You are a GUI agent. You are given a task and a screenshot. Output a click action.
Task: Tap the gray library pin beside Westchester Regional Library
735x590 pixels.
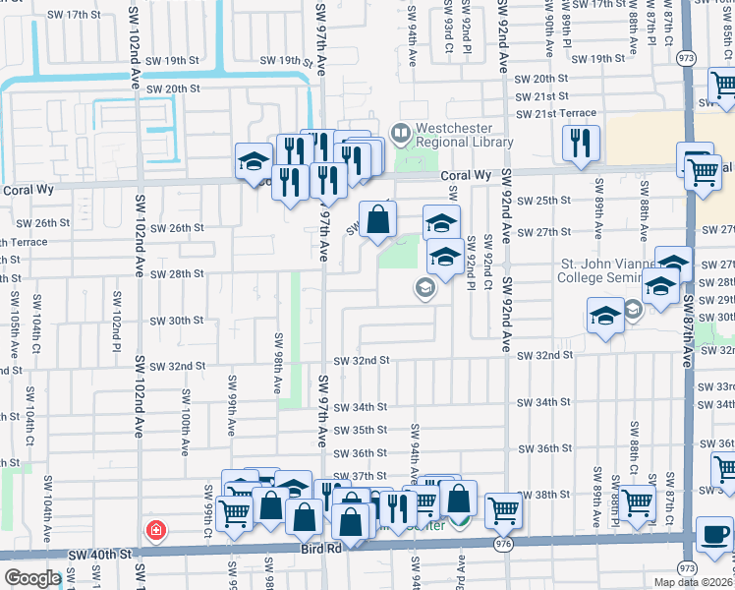tap(400, 131)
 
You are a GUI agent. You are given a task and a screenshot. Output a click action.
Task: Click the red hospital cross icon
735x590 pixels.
tap(155, 530)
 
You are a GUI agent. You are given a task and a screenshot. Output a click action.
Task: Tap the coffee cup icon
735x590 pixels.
tap(714, 536)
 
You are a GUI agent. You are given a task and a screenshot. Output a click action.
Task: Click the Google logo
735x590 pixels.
tap(32, 578)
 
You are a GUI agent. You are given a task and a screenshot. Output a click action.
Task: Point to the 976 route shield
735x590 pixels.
tap(504, 542)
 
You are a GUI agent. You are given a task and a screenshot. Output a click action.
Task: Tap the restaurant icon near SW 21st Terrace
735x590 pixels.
tap(582, 143)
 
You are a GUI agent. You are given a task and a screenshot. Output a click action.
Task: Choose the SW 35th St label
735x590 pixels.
tap(361, 430)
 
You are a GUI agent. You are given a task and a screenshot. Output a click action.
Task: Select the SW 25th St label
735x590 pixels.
tap(548, 201)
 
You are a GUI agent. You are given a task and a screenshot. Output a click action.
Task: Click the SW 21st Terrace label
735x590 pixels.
tap(558, 115)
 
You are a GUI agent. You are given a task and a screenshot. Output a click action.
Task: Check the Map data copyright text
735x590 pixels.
tap(693, 582)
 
